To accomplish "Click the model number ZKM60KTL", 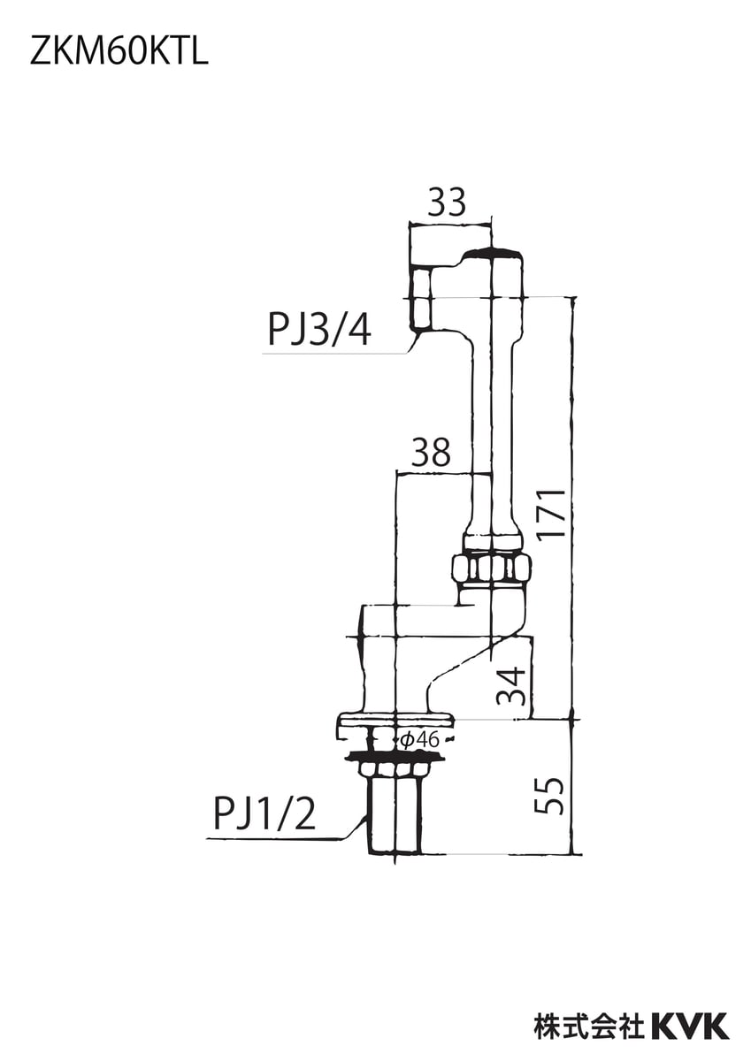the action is click(x=119, y=53).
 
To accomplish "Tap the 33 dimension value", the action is click(x=447, y=202).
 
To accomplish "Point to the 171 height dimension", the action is click(x=552, y=514).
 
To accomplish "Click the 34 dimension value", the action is click(x=512, y=686).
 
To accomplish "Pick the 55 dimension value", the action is click(x=549, y=797).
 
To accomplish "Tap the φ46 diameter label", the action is click(x=421, y=740).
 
